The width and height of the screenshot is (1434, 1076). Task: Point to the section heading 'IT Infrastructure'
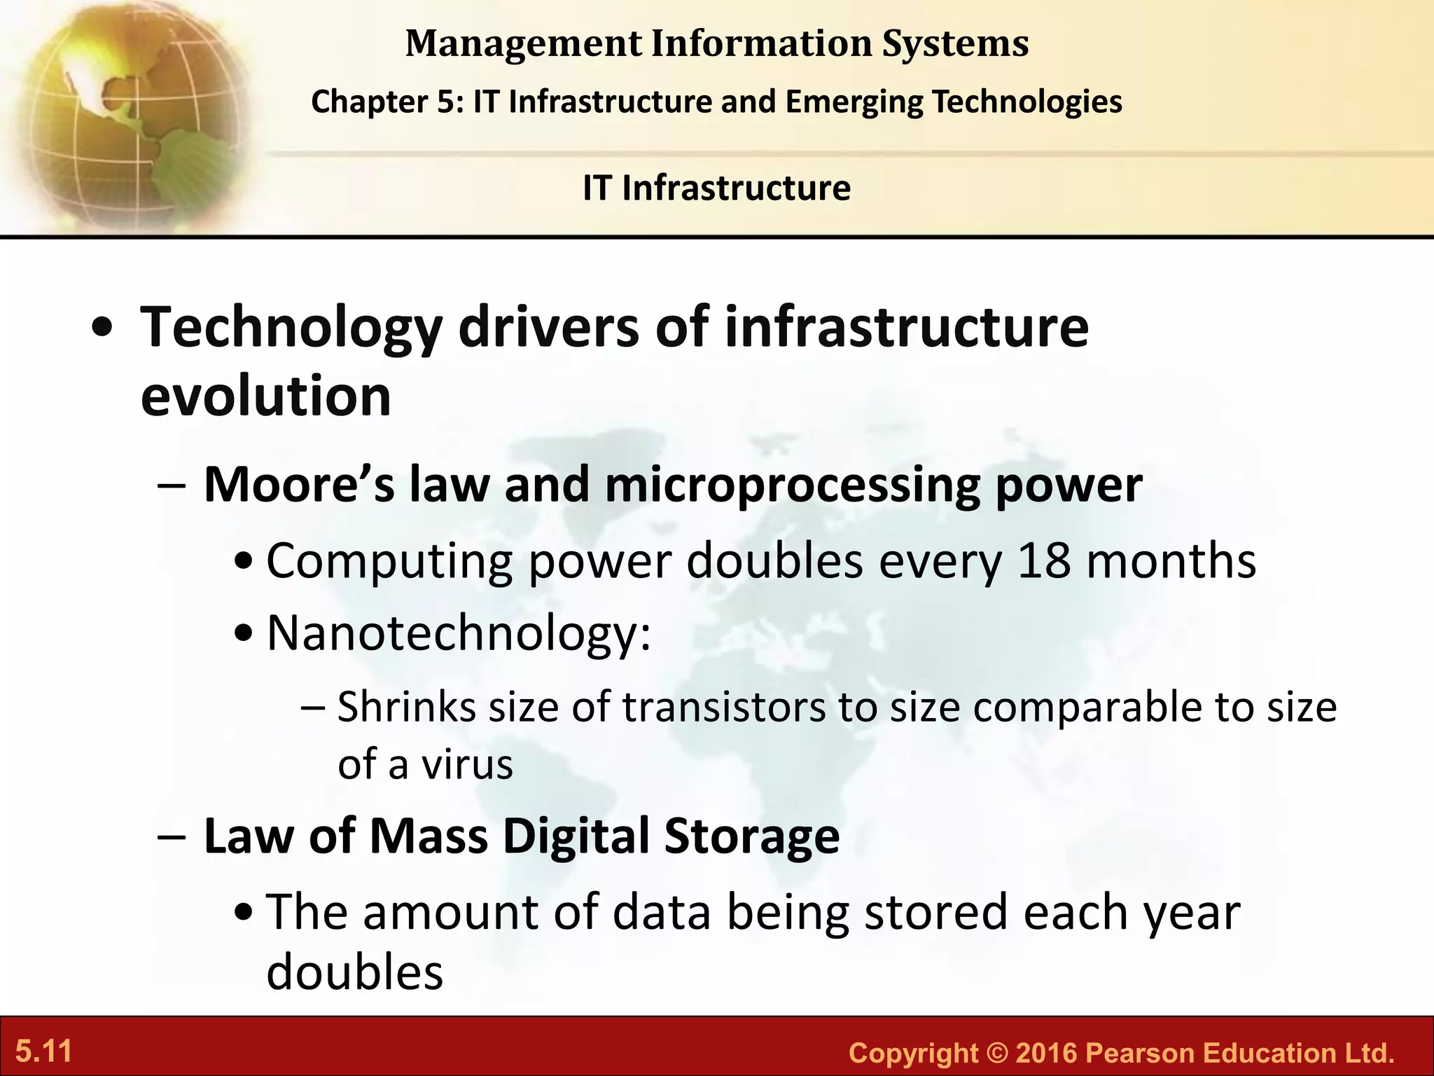pos(716,188)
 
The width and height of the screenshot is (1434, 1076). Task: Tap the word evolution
pos(265,396)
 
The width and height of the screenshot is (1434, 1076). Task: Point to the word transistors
pos(723,707)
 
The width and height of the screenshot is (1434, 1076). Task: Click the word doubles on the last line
pos(354,972)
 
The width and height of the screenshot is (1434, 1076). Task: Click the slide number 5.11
pos(44,1051)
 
